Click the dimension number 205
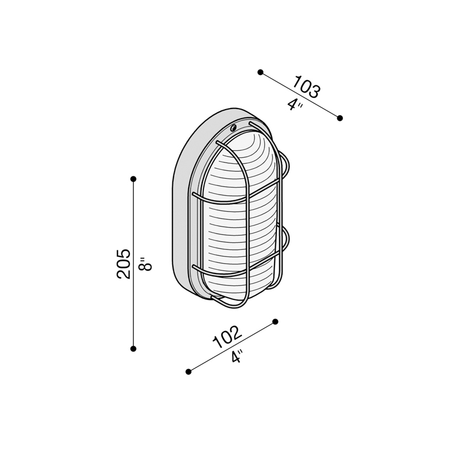123,263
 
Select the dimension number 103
306,86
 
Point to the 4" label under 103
295,105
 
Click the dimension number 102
227,337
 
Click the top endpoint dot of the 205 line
133,179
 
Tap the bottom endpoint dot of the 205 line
133,349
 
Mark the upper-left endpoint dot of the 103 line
260,72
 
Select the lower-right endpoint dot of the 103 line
340,118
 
